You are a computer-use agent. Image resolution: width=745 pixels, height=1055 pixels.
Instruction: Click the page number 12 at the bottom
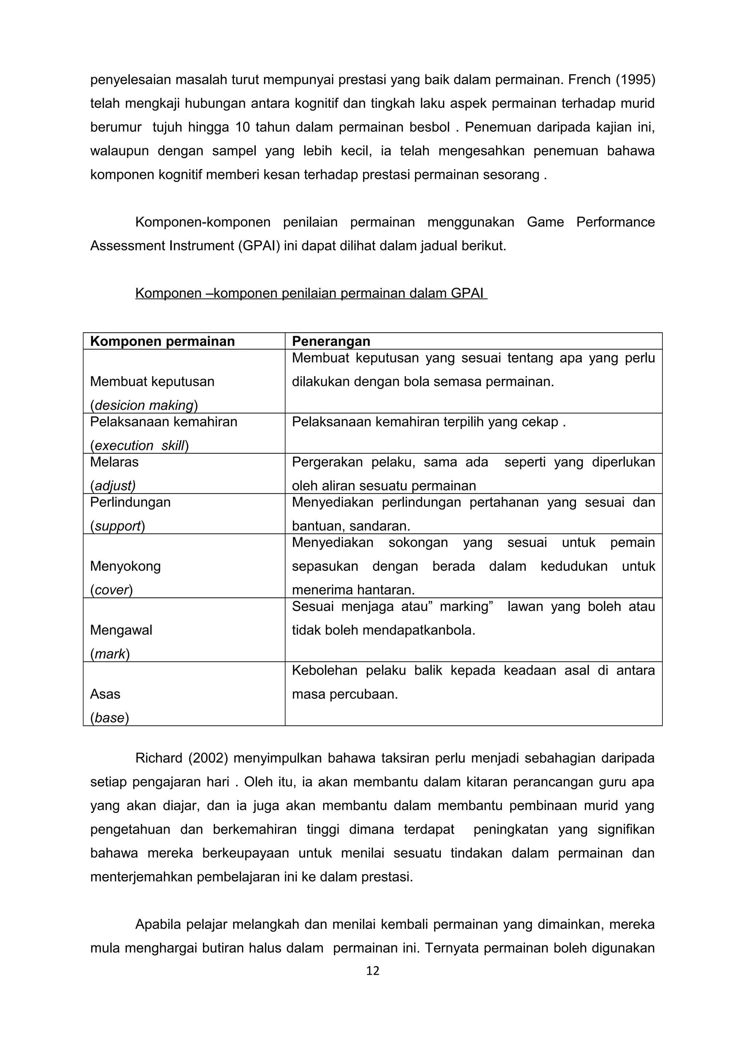[372, 971]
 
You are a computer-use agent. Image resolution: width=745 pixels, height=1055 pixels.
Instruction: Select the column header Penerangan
[331, 341]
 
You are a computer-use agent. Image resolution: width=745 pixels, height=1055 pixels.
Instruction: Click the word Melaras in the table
[114, 462]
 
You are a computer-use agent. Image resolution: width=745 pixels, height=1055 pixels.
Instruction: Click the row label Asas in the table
[105, 694]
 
